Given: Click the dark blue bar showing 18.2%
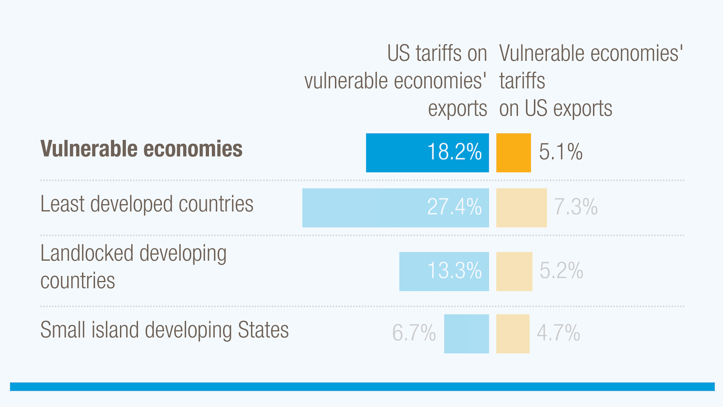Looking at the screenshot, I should click(x=427, y=153).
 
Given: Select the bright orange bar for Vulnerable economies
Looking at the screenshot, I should click(x=513, y=153).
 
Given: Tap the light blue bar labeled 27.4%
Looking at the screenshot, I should click(x=395, y=208).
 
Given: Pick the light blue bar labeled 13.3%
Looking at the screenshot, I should click(x=444, y=271).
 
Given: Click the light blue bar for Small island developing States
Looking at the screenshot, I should click(x=466, y=334).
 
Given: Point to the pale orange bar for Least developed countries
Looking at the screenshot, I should click(x=521, y=208).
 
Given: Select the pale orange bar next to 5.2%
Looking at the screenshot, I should click(x=514, y=271).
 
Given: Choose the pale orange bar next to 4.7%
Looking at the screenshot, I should click(x=512, y=334).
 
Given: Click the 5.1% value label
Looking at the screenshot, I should click(x=560, y=152).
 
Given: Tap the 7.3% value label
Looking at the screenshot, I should click(x=576, y=207).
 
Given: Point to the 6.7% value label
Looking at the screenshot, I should click(x=413, y=333).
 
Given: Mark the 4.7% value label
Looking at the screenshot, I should click(x=558, y=333).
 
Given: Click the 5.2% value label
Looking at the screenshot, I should click(x=561, y=271).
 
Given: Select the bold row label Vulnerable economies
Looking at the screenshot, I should click(x=141, y=149).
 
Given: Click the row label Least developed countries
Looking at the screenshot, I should click(x=146, y=204).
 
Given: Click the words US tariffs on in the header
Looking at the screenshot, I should click(x=437, y=54).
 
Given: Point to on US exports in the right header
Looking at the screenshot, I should click(x=555, y=109).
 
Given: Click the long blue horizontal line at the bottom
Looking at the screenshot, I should click(x=361, y=387).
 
